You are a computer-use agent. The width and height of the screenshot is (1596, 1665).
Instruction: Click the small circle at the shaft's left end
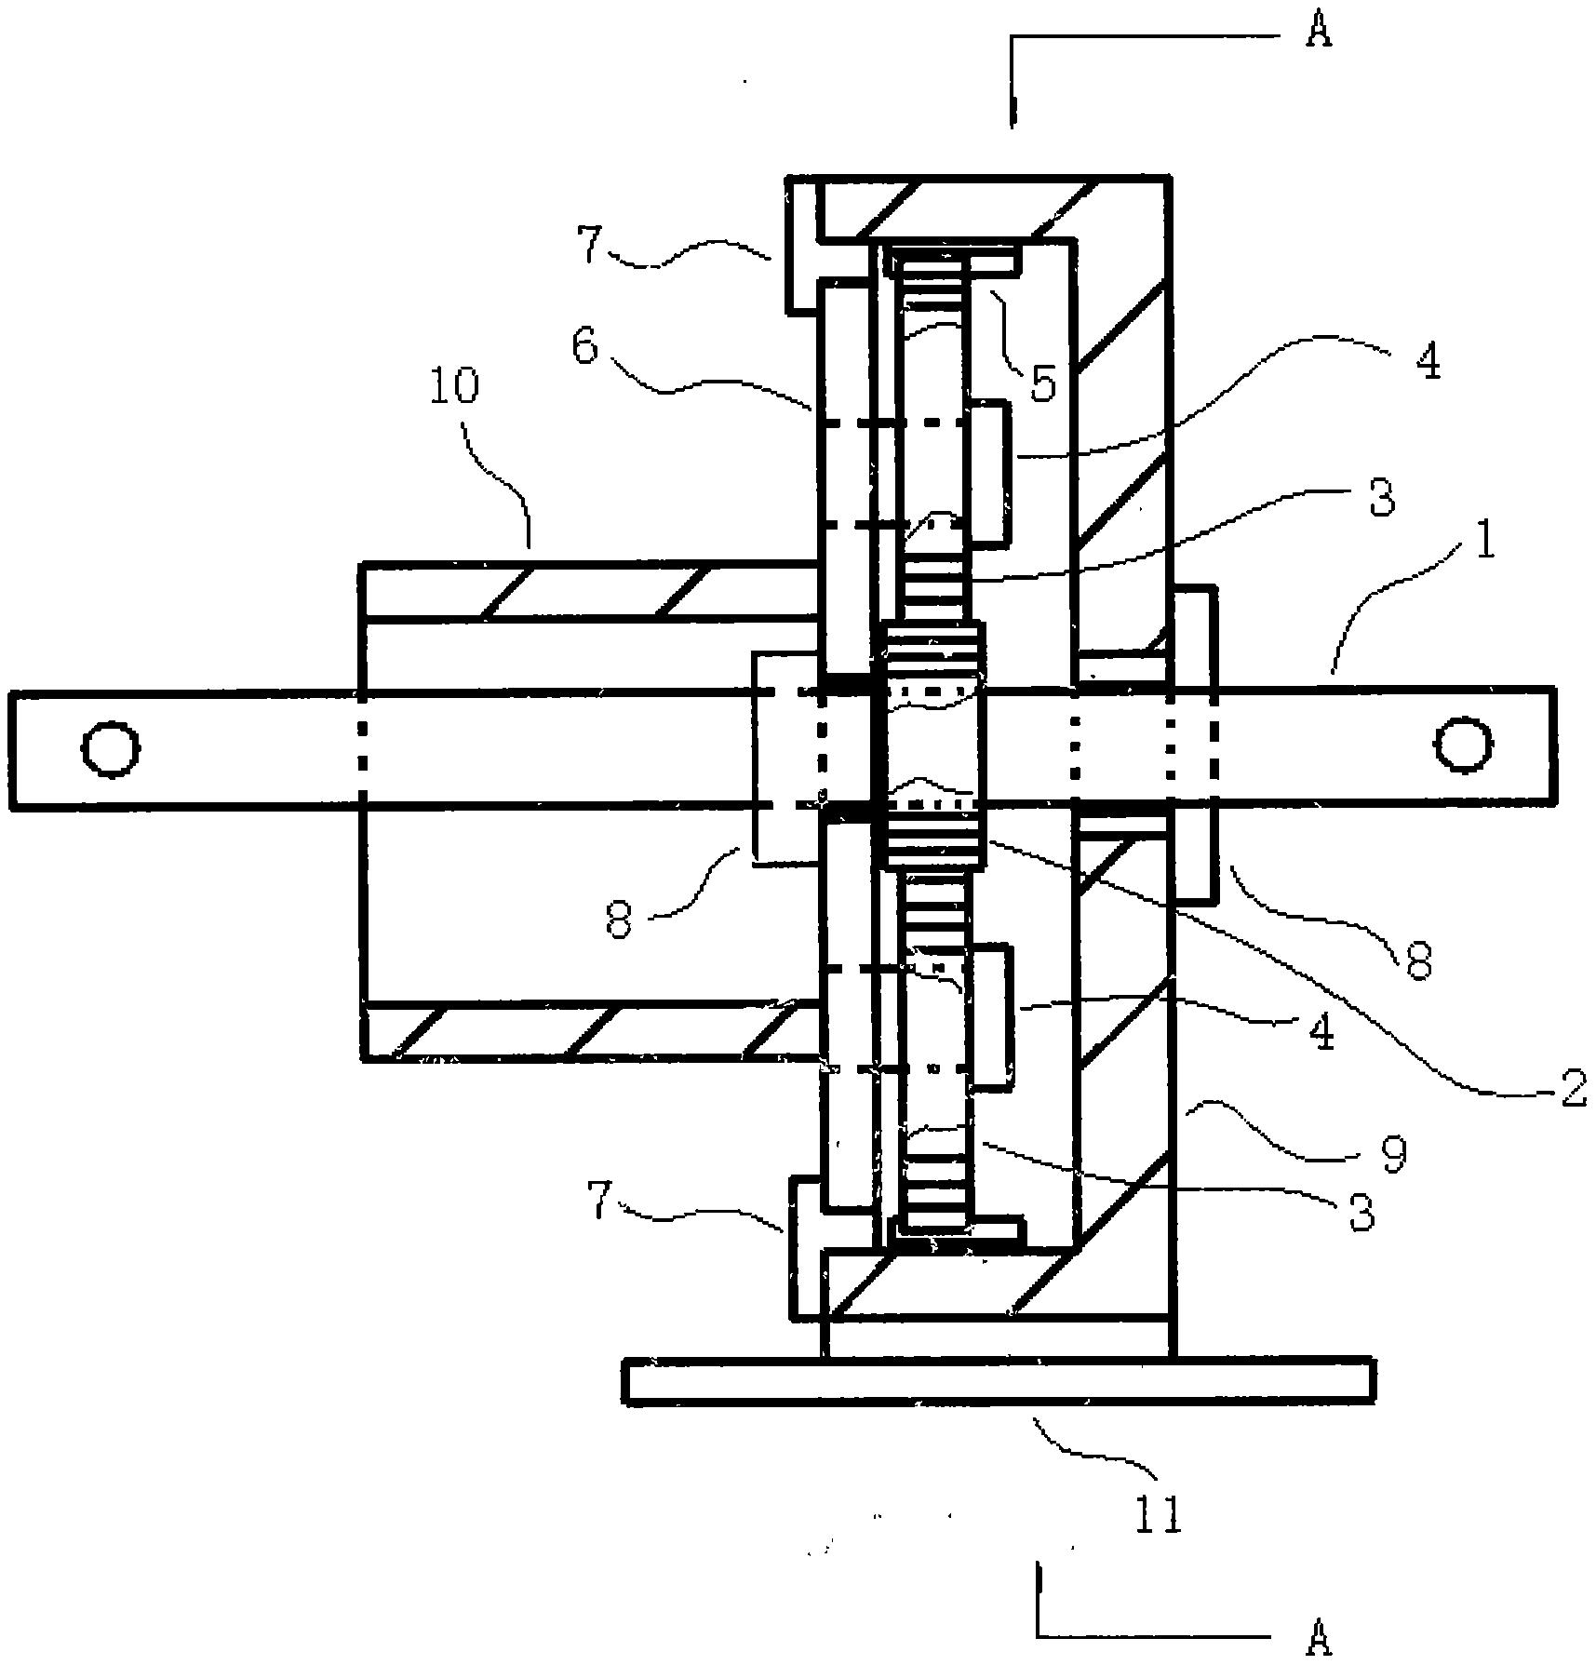(112, 748)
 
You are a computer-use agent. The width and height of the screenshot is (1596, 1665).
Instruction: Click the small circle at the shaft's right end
(1464, 744)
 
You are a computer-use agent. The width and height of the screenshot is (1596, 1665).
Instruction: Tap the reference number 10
(454, 385)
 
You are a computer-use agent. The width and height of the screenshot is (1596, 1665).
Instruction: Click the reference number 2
(1573, 1088)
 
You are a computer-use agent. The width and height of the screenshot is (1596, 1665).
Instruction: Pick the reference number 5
(1043, 383)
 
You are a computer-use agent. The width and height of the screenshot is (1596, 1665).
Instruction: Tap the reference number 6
(584, 346)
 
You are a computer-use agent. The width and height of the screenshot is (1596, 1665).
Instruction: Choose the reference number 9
(1392, 1155)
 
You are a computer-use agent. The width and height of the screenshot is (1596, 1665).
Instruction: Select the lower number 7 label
(602, 1202)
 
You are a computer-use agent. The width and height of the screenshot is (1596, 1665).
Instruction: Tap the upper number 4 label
(1428, 360)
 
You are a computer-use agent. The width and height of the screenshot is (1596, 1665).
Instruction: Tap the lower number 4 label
(1321, 1031)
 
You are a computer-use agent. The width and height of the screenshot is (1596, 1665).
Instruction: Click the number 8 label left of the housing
(619, 921)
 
